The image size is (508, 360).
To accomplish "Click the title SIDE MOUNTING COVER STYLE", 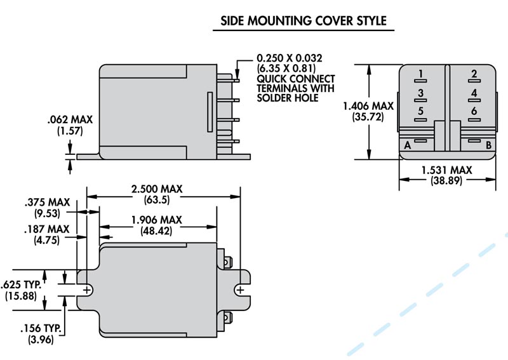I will pyautogui.click(x=303, y=20).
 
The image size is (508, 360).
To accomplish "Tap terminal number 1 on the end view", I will pyautogui.click(x=420, y=75).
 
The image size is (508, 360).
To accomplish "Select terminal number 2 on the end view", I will pyautogui.click(x=474, y=75).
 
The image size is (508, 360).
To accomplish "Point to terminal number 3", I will pyautogui.click(x=420, y=93).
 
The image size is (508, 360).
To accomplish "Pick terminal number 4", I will pyautogui.click(x=474, y=93).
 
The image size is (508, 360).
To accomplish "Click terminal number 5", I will pyautogui.click(x=420, y=112).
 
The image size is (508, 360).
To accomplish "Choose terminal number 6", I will pyautogui.click(x=474, y=112).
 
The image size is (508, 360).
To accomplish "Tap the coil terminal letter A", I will pyautogui.click(x=406, y=145).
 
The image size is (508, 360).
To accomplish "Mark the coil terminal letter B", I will pyautogui.click(x=488, y=145).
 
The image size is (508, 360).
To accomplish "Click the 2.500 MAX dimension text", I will pyautogui.click(x=156, y=189).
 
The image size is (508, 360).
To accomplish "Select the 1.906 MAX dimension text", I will pyautogui.click(x=156, y=220).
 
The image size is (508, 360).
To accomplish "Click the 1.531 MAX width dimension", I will pyautogui.click(x=447, y=170).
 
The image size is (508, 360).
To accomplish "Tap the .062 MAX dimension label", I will pyautogui.click(x=69, y=119).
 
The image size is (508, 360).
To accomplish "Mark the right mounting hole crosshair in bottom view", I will pyautogui.click(x=239, y=290).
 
